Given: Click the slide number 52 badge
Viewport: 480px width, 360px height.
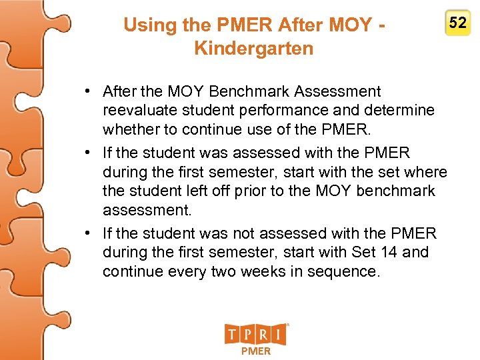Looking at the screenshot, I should coord(458,24).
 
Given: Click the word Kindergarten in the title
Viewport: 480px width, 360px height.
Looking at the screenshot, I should coord(253,49).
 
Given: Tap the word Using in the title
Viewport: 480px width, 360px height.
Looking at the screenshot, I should coord(146,25).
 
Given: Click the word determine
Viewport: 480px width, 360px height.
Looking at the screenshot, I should coord(399,110).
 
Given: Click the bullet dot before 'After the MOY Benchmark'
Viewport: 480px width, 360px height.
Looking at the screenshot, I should coord(87,91).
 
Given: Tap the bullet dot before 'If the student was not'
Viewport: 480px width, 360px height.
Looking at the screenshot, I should coord(87,233).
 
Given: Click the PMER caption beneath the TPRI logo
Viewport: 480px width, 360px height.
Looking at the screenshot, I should coord(256,351).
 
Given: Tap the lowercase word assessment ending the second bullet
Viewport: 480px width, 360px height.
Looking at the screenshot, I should coord(147,211).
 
